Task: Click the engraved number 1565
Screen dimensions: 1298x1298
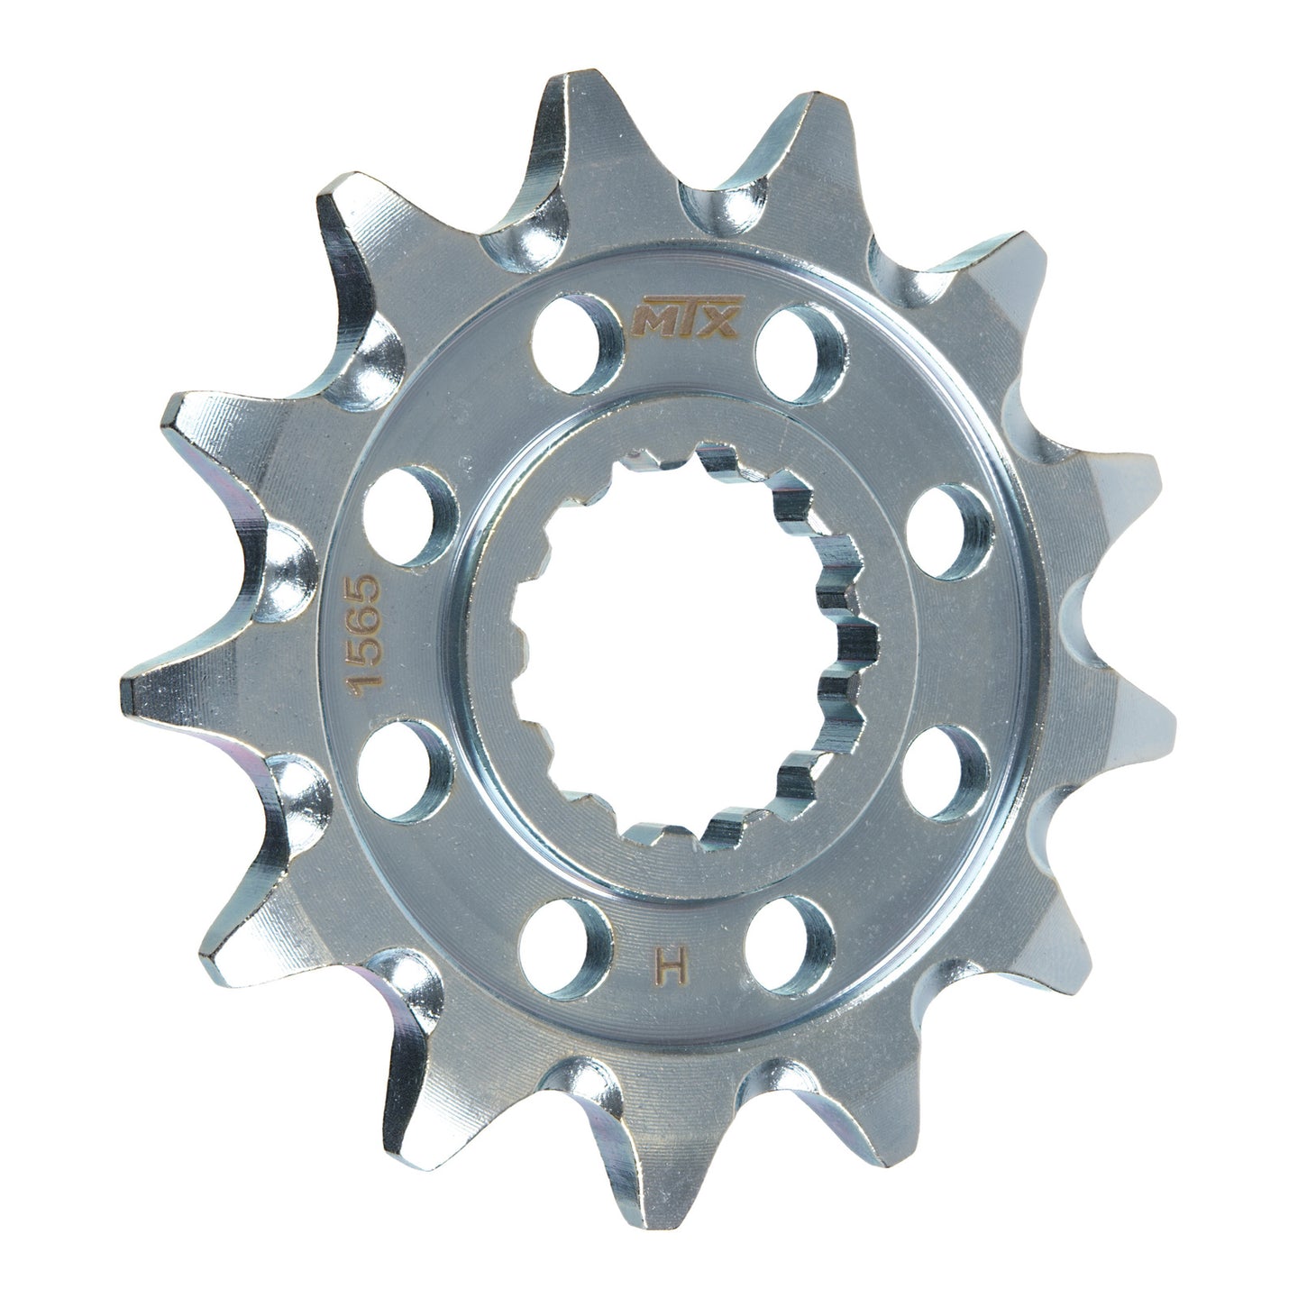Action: [x=370, y=639]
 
